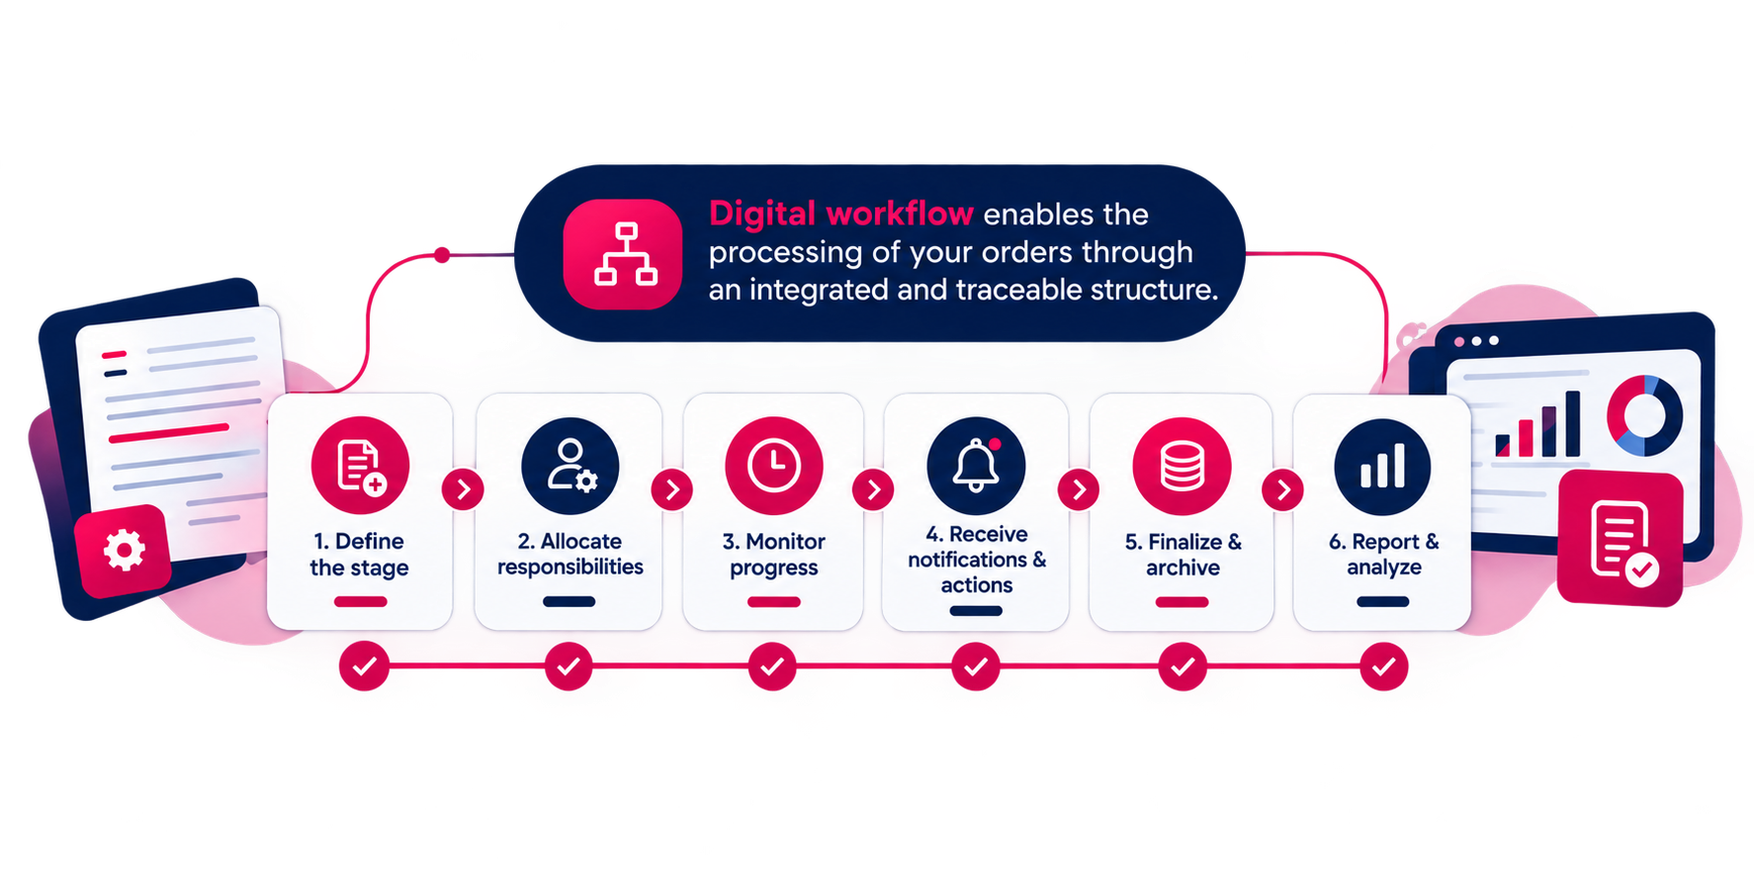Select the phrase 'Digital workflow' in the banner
click(x=841, y=214)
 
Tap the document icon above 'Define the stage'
click(x=360, y=466)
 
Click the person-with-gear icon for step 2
click(x=570, y=466)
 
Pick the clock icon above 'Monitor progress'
click(x=774, y=466)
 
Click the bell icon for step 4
click(x=976, y=466)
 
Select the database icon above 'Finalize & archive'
click(x=1182, y=467)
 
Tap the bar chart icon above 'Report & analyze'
click(x=1382, y=467)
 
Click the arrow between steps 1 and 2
click(x=463, y=489)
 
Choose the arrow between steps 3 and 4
click(x=873, y=489)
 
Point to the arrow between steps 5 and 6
click(x=1282, y=489)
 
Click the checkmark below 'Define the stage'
click(x=364, y=666)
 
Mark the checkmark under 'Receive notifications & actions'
click(x=976, y=666)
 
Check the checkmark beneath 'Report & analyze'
click(x=1383, y=666)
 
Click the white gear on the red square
click(x=125, y=550)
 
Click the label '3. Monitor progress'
click(x=774, y=555)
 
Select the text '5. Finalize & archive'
click(x=1183, y=555)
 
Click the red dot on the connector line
click(x=442, y=255)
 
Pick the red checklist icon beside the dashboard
click(x=1621, y=539)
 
